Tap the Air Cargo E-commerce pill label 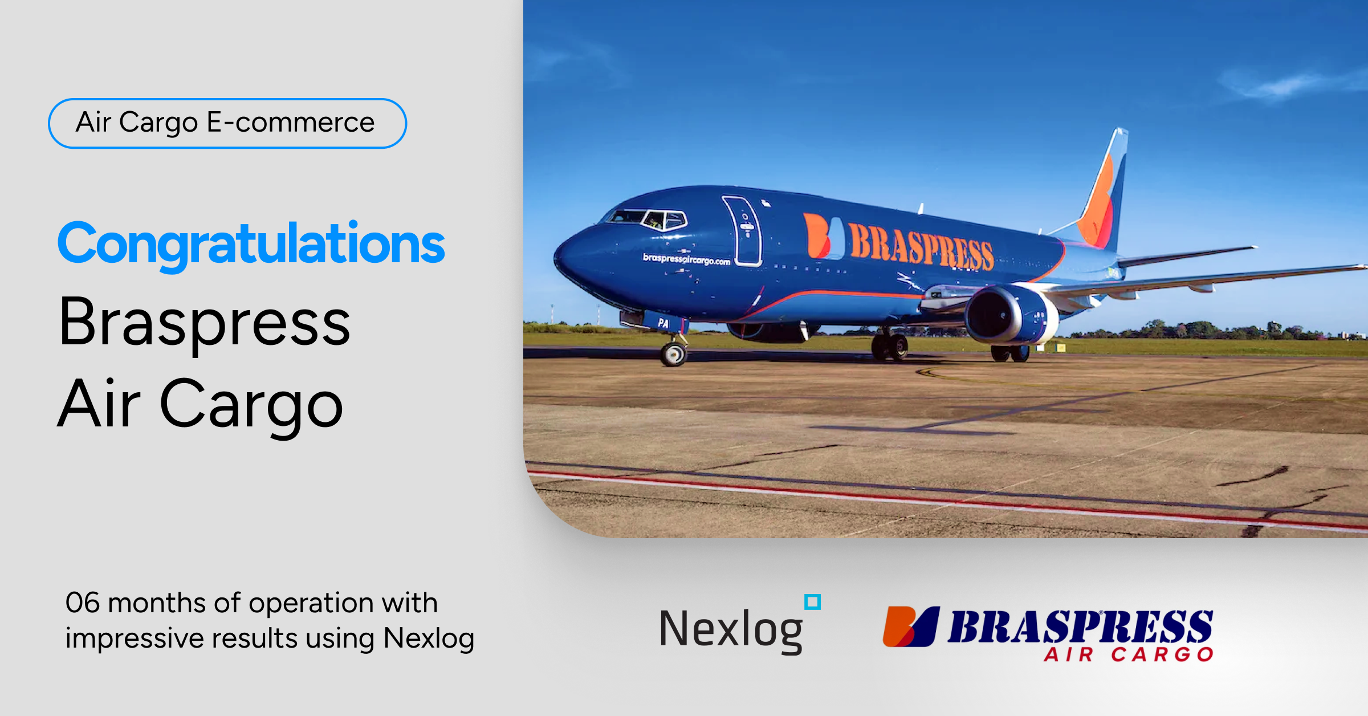pyautogui.click(x=227, y=123)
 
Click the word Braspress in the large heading pyautogui.click(x=204, y=323)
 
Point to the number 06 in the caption pyautogui.click(x=83, y=603)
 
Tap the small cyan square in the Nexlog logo pyautogui.click(x=812, y=602)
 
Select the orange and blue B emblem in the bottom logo pyautogui.click(x=910, y=626)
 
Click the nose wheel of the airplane pyautogui.click(x=674, y=354)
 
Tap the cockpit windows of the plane pyautogui.click(x=650, y=218)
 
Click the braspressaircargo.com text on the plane pyautogui.click(x=686, y=259)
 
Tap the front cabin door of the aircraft pyautogui.click(x=743, y=231)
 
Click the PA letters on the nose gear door pyautogui.click(x=663, y=323)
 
